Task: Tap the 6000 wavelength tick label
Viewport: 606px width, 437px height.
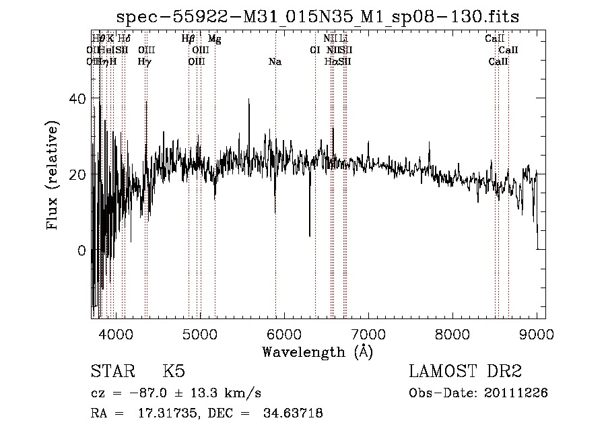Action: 283,333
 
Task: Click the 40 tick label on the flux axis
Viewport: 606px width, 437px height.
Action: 79,99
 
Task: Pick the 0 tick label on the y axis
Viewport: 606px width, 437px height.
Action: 83,250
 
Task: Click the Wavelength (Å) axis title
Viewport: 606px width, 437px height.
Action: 317,351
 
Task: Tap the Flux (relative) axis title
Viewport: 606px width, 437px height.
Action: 53,175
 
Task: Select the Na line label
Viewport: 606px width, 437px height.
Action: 275,62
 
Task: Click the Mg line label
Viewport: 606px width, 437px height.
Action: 214,39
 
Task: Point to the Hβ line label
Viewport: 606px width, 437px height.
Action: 189,39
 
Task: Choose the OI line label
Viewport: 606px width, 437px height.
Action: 314,50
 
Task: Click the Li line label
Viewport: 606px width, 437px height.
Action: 343,39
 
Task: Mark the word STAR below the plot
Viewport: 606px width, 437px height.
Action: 112,371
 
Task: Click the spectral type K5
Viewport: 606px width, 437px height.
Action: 174,371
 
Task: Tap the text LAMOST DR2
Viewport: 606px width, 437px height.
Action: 465,371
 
